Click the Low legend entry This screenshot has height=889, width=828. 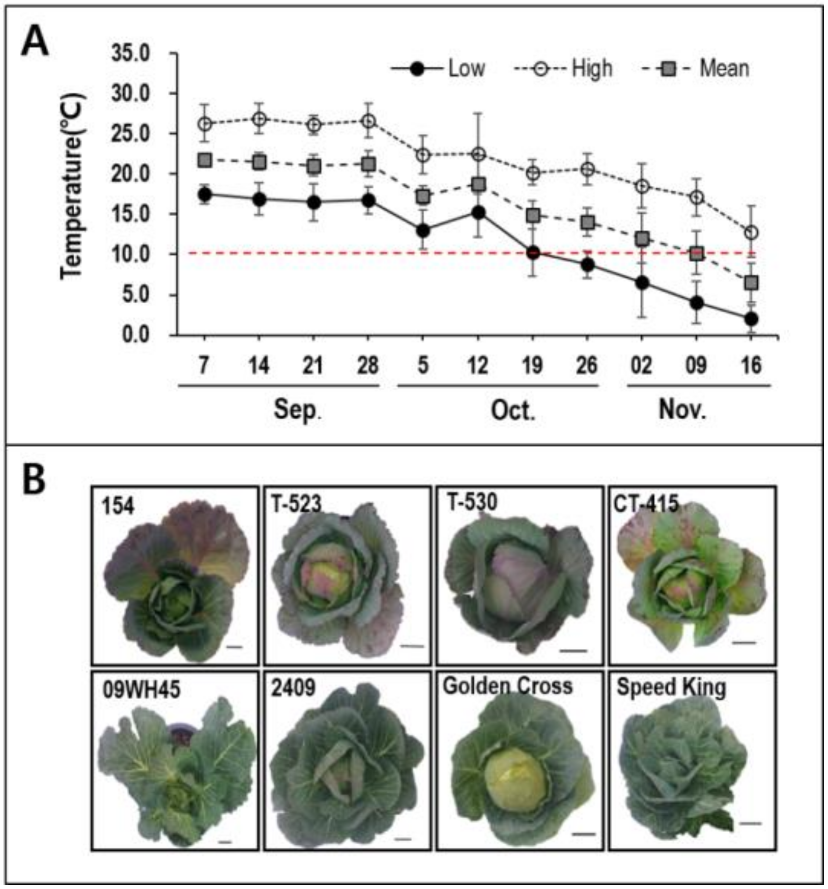438,68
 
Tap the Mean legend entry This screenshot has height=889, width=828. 697,68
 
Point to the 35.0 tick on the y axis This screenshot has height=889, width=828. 130,53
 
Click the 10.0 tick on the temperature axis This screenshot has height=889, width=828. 130,254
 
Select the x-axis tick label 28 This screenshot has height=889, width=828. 368,365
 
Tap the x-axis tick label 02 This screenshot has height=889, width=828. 641,365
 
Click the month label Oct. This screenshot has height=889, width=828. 513,410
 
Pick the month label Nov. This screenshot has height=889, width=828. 682,410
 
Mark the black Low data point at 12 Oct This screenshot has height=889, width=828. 478,213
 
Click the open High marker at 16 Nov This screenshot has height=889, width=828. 752,233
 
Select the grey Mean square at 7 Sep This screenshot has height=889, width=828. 205,161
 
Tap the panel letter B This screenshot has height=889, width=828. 34,480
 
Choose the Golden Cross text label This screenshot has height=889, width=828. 507,686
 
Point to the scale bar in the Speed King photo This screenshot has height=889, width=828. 750,823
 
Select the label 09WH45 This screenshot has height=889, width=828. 140,690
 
